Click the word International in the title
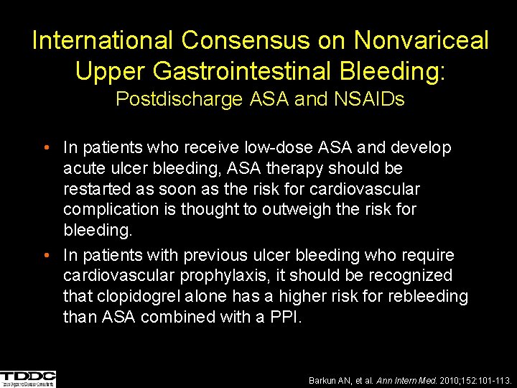(x=103, y=40)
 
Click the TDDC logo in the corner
(x=28, y=379)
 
